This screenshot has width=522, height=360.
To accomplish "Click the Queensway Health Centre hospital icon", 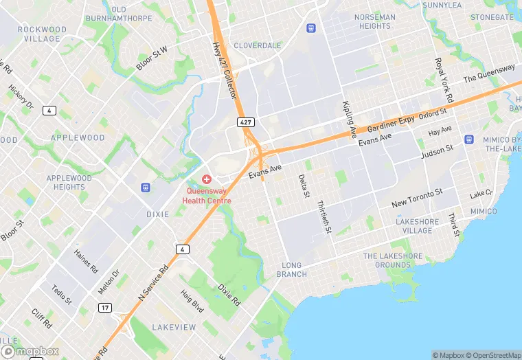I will click(206, 179).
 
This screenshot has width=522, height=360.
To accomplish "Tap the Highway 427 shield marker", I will click(245, 122).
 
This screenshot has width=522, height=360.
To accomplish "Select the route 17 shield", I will click(104, 307).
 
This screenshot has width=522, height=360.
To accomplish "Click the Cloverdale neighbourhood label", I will click(258, 45).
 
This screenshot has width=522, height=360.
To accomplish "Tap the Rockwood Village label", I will click(43, 34).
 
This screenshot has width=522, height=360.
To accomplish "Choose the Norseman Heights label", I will click(374, 21).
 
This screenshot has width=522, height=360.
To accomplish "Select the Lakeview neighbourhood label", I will click(174, 327).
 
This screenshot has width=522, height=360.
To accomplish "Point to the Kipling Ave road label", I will click(349, 119).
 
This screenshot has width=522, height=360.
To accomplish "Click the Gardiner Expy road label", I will click(391, 124).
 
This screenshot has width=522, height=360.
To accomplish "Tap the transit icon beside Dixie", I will click(146, 188).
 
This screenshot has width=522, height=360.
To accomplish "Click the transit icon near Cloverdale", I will click(311, 28).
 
